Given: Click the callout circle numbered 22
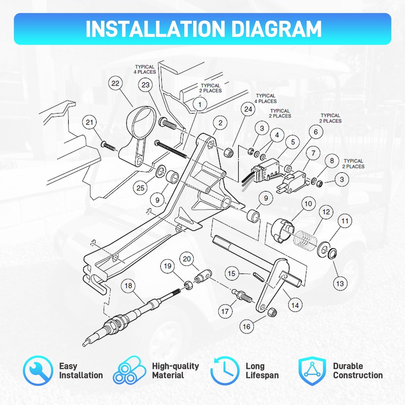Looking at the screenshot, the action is [x=115, y=83].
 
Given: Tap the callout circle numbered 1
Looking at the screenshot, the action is [x=200, y=104].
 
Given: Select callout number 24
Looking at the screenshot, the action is [x=248, y=109].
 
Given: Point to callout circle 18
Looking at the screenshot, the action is [x=128, y=286].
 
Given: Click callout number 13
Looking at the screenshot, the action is [x=340, y=283].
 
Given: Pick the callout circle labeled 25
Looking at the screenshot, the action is [x=140, y=188].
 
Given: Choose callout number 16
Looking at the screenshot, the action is [x=246, y=326].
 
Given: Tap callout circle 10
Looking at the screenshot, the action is [x=308, y=204].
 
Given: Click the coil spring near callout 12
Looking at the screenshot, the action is [x=305, y=241].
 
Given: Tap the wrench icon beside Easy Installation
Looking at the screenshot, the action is [x=38, y=371].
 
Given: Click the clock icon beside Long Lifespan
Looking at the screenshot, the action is [x=225, y=371].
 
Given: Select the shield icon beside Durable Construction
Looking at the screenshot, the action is [x=312, y=371].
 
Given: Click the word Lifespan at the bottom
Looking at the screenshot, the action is [x=262, y=375].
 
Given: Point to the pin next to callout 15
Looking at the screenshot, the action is [x=258, y=277].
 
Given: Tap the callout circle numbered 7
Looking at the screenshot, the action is [x=313, y=153].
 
